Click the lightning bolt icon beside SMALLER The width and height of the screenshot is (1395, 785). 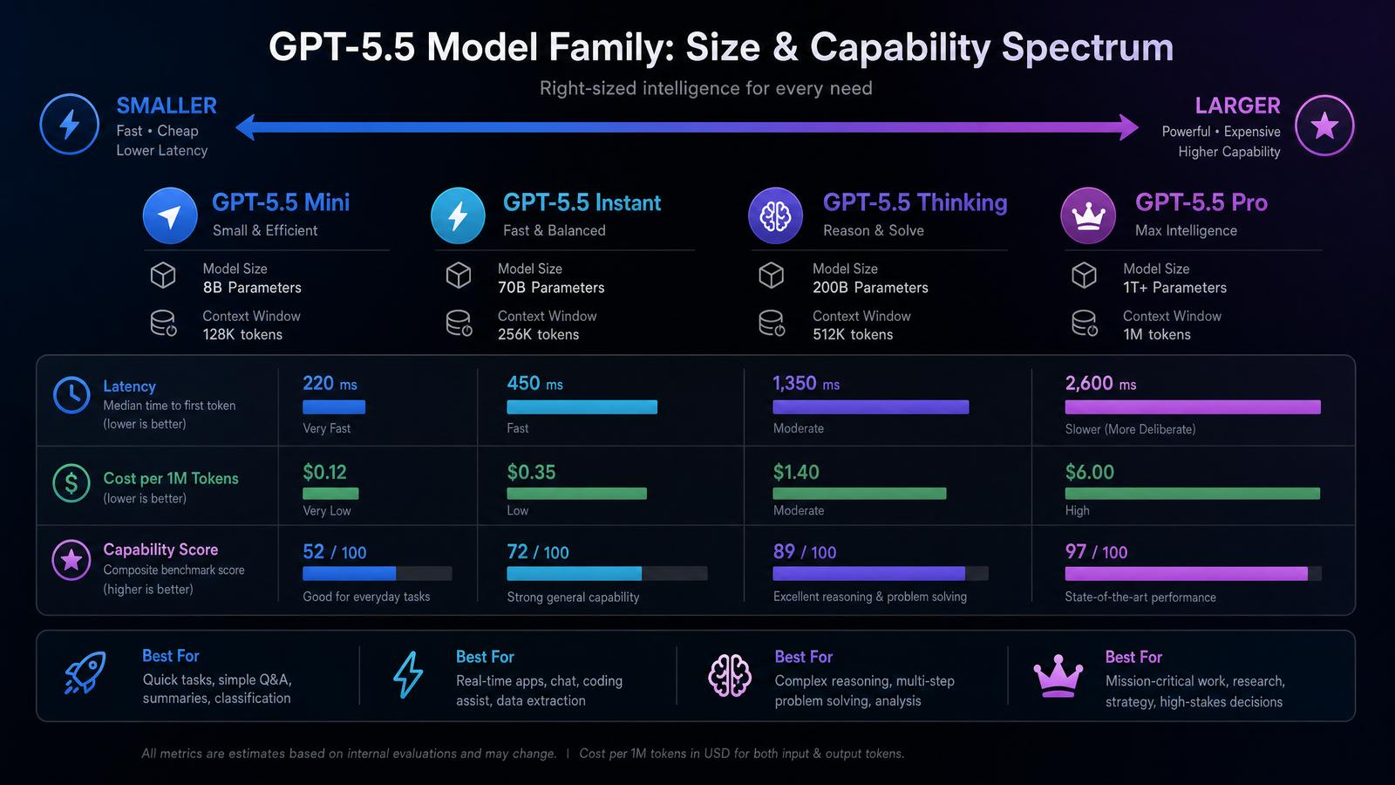[x=69, y=125]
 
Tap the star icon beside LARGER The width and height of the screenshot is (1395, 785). [x=1324, y=126]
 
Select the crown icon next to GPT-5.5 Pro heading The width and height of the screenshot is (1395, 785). [x=1088, y=215]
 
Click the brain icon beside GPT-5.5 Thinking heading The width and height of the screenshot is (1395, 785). [x=775, y=215]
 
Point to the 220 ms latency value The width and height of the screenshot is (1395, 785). [x=330, y=383]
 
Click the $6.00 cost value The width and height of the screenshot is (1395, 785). [x=1089, y=472]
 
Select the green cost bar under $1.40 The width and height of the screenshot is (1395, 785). [x=860, y=494]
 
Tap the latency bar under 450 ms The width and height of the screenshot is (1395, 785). [x=582, y=406]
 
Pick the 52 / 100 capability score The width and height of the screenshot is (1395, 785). [x=335, y=552]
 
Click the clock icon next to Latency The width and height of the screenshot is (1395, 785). [x=71, y=395]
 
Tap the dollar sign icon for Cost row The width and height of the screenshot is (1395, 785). [x=71, y=483]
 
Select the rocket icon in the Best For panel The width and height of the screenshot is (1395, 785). [x=85, y=672]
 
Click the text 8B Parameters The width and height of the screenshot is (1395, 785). [x=252, y=287]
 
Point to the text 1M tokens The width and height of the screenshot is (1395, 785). [x=1156, y=335]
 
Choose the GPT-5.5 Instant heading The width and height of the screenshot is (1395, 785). [x=582, y=202]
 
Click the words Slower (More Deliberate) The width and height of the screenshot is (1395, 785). [x=1130, y=429]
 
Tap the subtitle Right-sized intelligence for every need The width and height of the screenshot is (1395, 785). [x=705, y=88]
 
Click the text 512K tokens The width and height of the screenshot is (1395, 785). [x=853, y=335]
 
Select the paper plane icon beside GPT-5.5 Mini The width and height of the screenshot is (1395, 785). [x=170, y=215]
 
